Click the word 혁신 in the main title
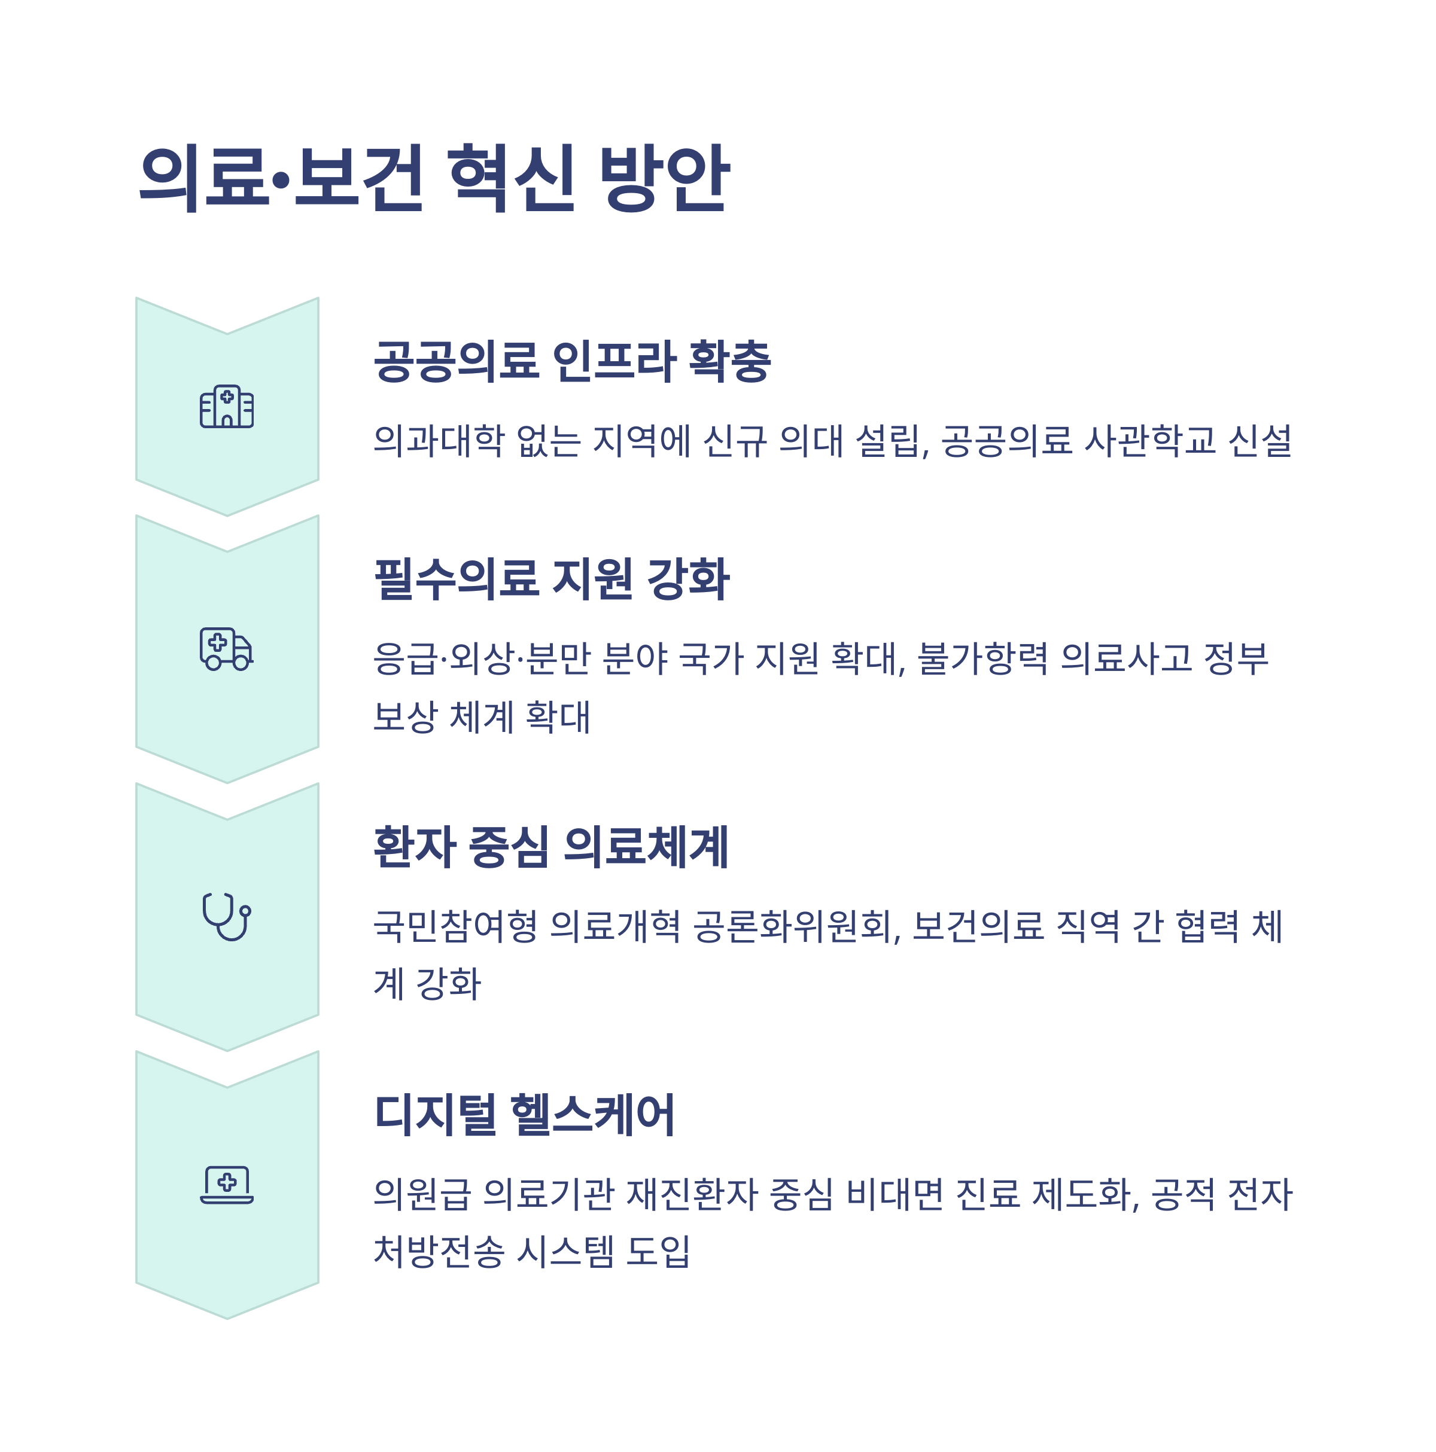click(510, 178)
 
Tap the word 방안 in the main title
click(663, 178)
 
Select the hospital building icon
click(226, 407)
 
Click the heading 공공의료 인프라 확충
click(571, 361)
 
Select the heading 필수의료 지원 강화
click(551, 579)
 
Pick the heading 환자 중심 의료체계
click(550, 846)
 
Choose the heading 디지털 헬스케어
click(524, 1115)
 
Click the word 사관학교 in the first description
click(1149, 440)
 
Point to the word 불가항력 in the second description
click(982, 658)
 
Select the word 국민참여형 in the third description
click(455, 926)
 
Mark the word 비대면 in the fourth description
click(894, 1194)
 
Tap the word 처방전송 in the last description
click(439, 1251)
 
